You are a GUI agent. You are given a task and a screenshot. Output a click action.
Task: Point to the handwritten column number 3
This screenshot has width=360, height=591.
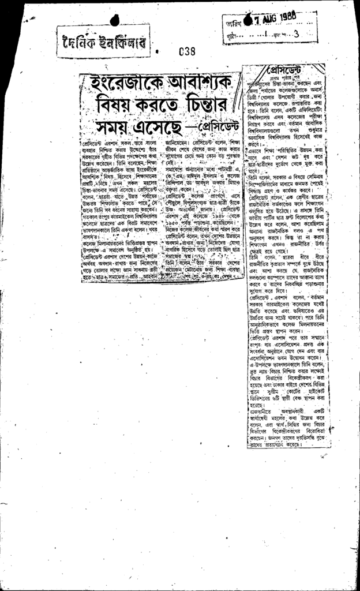[x=296, y=34]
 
